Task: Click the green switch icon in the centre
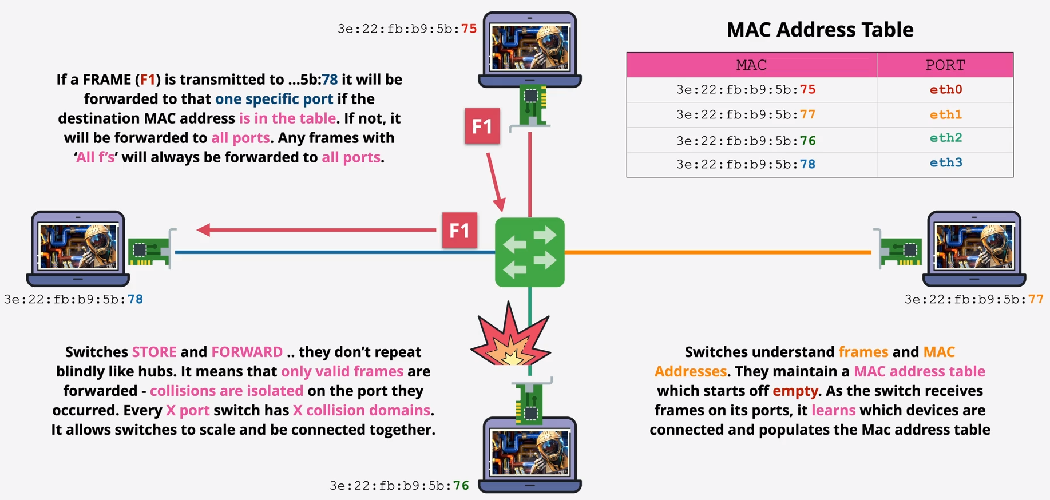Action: pyautogui.click(x=529, y=252)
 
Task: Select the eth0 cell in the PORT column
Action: pyautogui.click(x=945, y=89)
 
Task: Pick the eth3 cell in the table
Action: pyautogui.click(x=945, y=163)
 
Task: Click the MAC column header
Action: pyautogui.click(x=751, y=65)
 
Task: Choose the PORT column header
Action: pyautogui.click(x=945, y=65)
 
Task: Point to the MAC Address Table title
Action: pyautogui.click(x=819, y=30)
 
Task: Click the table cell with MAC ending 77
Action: pyautogui.click(x=746, y=114)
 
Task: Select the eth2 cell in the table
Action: pyautogui.click(x=945, y=138)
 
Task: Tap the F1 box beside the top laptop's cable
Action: pyautogui.click(x=482, y=126)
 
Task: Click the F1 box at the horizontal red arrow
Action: pyautogui.click(x=459, y=230)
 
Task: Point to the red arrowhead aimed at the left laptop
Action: pyautogui.click(x=204, y=230)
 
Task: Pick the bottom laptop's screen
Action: pyautogui.click(x=530, y=453)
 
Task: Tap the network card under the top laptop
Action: pyautogui.click(x=532, y=105)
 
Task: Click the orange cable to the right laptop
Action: pyautogui.click(x=715, y=252)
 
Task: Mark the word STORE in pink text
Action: pyautogui.click(x=154, y=352)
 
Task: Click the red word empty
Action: pyautogui.click(x=795, y=391)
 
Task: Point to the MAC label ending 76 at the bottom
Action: pyautogui.click(x=399, y=486)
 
